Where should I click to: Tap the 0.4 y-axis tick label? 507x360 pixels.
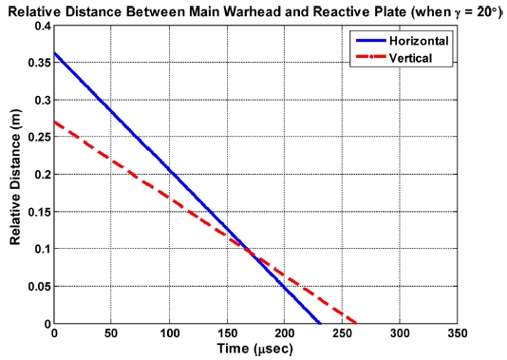tap(41, 26)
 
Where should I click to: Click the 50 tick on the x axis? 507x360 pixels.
tap(112, 335)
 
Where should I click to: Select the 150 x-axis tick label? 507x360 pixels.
tap(227, 335)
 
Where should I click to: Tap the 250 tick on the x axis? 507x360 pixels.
tap(343, 335)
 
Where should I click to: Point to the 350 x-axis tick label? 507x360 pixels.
tap(458, 335)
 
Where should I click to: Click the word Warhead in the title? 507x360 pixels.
tap(241, 9)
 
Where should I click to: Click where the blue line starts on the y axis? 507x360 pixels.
tap(55, 53)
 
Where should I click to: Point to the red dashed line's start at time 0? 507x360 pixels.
tap(55, 122)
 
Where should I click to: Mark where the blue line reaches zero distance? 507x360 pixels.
tap(321, 323)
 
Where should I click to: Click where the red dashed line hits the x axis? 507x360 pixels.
tap(356, 323)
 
